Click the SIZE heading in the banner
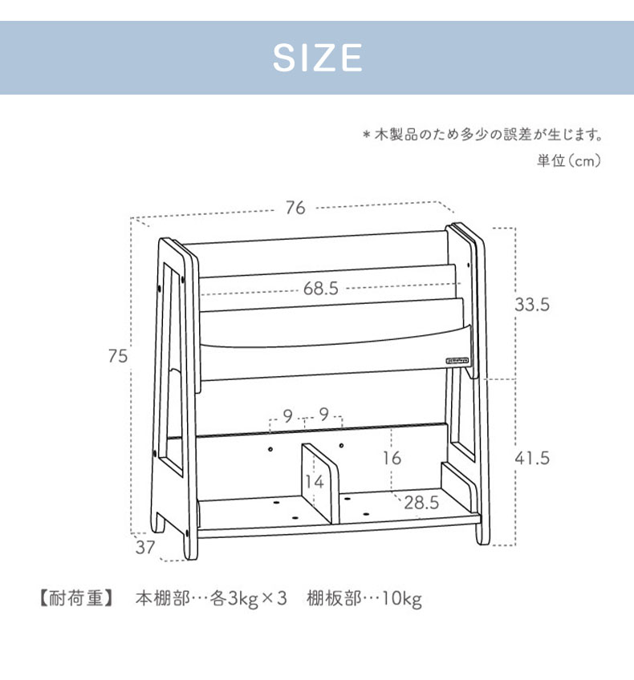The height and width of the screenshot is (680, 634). pos(317,58)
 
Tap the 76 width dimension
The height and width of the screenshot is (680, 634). pos(295,208)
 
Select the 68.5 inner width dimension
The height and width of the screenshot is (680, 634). pos(321,289)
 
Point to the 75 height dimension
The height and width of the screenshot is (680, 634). pos(118,356)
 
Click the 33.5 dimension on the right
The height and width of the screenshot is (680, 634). pos(532,305)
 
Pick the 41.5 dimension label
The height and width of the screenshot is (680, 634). pos(532,458)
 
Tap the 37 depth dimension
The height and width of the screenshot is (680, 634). pos(145,548)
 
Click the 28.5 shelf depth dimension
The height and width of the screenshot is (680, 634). pos(421,503)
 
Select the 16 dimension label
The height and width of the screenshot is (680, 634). pos(392,458)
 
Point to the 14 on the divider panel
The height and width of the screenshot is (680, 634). pos(314,482)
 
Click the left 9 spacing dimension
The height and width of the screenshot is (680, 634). pos(288,416)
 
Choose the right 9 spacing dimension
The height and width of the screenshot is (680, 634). pos(323,415)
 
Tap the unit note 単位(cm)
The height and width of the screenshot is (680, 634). pos(569,161)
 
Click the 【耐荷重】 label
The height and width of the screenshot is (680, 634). pos(76,598)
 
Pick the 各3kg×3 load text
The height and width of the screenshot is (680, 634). pos(248,599)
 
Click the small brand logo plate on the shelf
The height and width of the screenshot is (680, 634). pos(457,360)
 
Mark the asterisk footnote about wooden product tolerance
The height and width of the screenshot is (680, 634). pos(482,135)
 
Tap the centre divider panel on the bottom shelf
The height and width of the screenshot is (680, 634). pos(320,482)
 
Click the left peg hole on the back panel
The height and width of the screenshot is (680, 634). pos(270,449)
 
